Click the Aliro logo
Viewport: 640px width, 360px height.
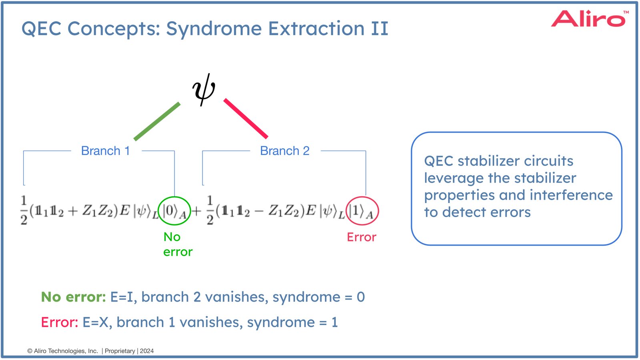[x=588, y=19]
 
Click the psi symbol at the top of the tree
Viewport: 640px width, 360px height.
[x=204, y=89]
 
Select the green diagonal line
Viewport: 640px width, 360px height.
[x=157, y=121]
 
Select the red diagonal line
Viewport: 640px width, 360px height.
[x=246, y=119]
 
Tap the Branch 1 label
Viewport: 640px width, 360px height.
[x=106, y=151]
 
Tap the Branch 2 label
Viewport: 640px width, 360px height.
[x=285, y=151]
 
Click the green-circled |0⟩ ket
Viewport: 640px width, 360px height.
[x=174, y=211]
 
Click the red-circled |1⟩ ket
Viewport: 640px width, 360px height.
[x=362, y=211]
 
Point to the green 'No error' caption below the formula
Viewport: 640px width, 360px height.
[x=177, y=244]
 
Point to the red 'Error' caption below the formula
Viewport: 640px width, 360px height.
[x=361, y=237]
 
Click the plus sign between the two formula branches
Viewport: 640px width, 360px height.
[x=197, y=211]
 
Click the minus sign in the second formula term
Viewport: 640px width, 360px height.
[x=259, y=211]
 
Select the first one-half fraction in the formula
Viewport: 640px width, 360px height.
[x=24, y=210]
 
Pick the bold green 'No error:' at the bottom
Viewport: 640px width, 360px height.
[x=73, y=297]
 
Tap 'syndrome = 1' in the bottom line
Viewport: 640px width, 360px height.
[x=292, y=322]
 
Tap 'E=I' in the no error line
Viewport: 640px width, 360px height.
[x=122, y=297]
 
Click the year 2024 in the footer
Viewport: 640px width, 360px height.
[x=147, y=351]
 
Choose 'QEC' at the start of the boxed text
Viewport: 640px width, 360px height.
[x=439, y=161]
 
